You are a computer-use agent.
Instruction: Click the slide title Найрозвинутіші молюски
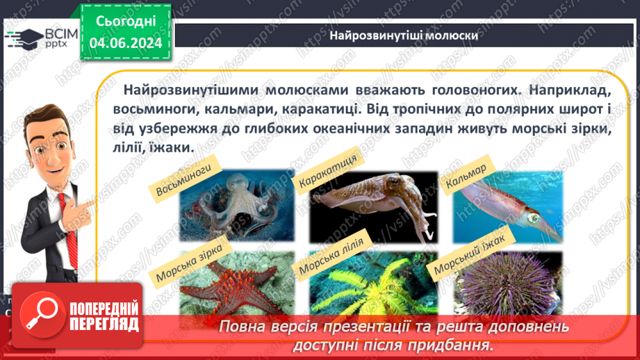[404, 35]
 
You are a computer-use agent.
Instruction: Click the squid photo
[508, 206]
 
